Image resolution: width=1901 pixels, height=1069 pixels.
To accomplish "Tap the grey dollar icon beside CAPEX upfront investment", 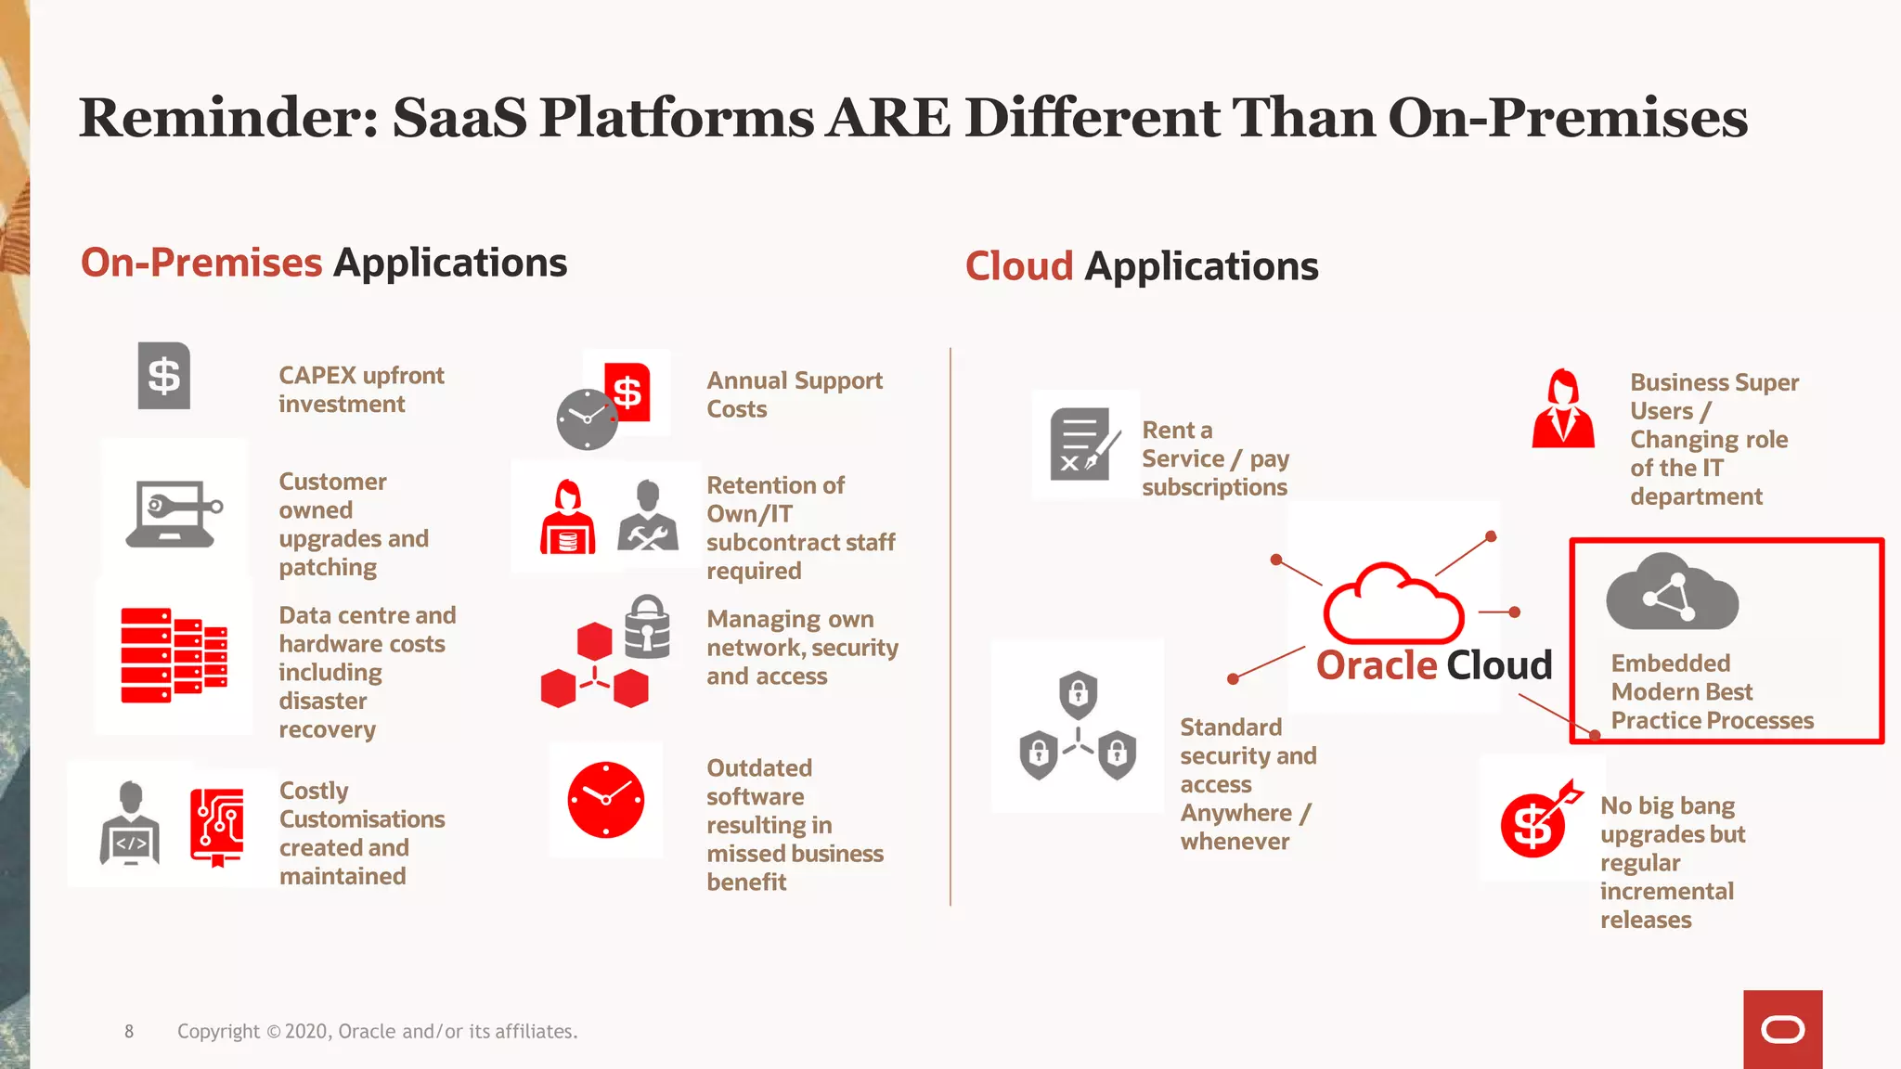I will tap(164, 376).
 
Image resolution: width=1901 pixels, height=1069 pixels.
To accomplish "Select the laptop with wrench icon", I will tap(174, 513).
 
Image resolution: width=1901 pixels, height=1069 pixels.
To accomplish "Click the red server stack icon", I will tap(174, 655).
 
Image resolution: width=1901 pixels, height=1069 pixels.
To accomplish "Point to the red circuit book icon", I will tap(217, 826).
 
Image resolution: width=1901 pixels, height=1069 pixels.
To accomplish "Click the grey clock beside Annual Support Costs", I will tap(587, 419).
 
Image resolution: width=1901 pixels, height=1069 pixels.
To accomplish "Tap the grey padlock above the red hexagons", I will tap(647, 626).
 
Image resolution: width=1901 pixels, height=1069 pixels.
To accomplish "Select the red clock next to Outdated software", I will tap(606, 800).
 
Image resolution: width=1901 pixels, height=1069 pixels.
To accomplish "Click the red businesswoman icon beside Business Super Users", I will tap(1563, 409).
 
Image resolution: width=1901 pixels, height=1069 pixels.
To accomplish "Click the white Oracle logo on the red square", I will tap(1782, 1029).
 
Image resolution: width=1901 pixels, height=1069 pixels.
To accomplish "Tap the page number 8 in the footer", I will tap(129, 1031).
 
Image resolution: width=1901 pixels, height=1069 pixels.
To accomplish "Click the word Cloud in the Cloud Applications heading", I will tap(1019, 266).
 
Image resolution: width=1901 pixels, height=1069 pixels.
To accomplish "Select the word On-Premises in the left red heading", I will tap(201, 263).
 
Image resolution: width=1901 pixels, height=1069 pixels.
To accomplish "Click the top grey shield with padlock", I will tap(1078, 693).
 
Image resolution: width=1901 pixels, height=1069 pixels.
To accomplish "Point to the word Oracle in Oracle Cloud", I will tap(1377, 665).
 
